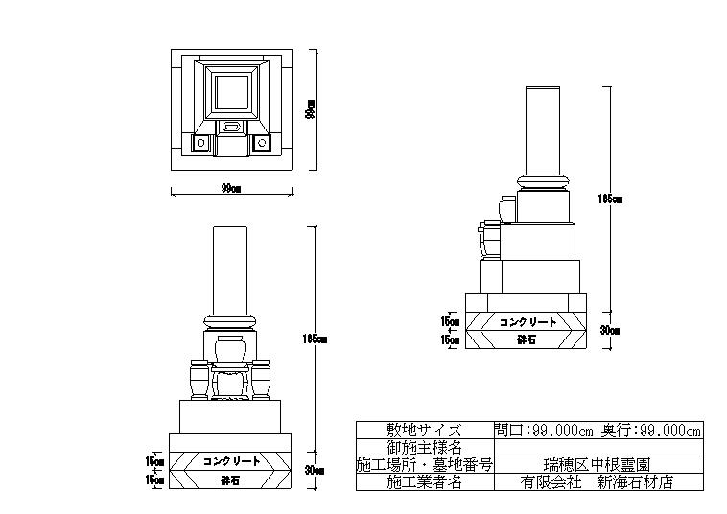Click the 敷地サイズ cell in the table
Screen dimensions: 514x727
pyautogui.click(x=424, y=431)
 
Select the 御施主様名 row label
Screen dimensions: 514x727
pyautogui.click(x=424, y=448)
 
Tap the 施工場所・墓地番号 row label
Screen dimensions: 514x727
pyautogui.click(x=424, y=465)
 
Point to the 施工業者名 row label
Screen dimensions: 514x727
pyautogui.click(x=424, y=482)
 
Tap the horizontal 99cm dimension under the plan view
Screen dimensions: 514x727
pyautogui.click(x=230, y=189)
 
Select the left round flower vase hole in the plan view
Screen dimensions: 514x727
pyautogui.click(x=201, y=144)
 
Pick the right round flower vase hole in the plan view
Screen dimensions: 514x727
pyautogui.click(x=260, y=144)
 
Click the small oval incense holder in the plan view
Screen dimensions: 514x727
pyautogui.click(x=230, y=127)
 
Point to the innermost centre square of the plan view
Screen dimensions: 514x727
pyautogui.click(x=230, y=93)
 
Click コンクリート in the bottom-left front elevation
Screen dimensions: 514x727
pyautogui.click(x=231, y=461)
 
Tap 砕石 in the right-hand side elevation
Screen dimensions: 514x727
pyautogui.click(x=526, y=339)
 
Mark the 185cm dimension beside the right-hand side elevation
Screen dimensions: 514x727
pyautogui.click(x=611, y=199)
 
